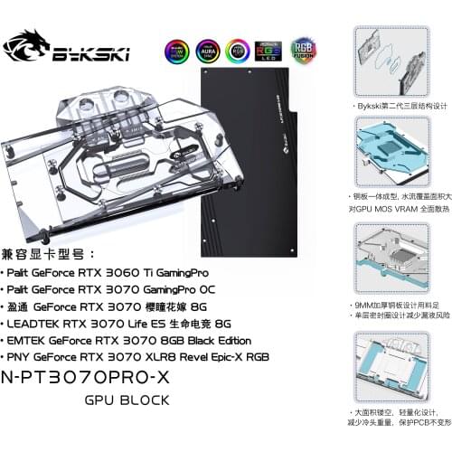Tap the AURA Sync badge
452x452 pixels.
[x=208, y=51]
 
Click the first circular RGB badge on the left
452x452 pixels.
[x=177, y=51]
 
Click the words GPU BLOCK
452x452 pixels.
[x=126, y=400]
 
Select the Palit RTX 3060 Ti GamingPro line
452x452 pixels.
[x=94, y=270]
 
